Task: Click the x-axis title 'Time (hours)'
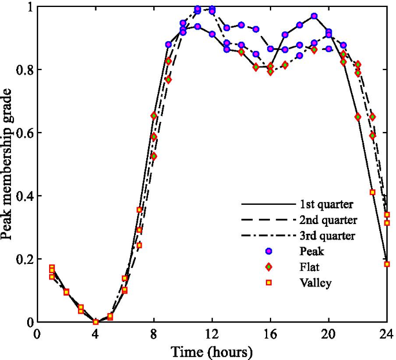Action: tap(212, 351)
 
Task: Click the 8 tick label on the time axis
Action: tap(154, 334)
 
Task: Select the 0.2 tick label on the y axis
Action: tap(24, 259)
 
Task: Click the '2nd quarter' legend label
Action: tap(328, 220)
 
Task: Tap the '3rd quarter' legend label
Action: tap(327, 236)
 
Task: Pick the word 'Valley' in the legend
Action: tap(314, 282)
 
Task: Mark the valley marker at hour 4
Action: tap(96, 322)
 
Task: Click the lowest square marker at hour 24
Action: tap(387, 264)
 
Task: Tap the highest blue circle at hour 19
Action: tap(314, 16)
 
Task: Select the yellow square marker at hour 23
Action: tap(373, 192)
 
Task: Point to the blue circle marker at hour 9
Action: tap(169, 45)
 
